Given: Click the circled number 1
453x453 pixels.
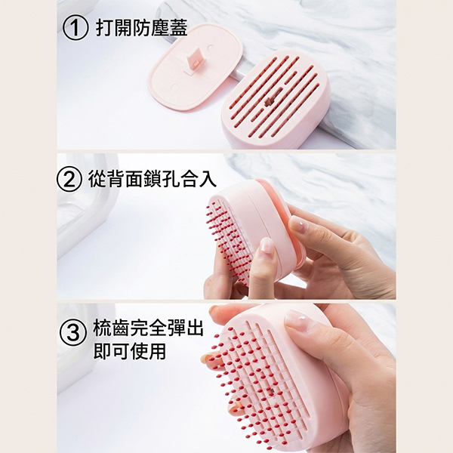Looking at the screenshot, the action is tap(75, 28).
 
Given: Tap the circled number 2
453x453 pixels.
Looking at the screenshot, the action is tap(69, 180).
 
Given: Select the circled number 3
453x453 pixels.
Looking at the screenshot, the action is tap(73, 333).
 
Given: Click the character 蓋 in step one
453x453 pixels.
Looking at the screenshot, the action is tap(178, 28).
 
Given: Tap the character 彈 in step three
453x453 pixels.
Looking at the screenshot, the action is tap(176, 328).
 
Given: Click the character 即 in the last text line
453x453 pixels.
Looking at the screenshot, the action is tap(102, 351).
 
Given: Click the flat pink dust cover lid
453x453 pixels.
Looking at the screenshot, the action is tap(195, 67).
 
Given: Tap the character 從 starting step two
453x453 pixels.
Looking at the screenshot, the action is tap(97, 179).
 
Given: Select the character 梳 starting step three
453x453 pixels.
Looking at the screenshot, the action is tap(102, 328).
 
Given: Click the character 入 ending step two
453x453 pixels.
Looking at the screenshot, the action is tap(208, 179).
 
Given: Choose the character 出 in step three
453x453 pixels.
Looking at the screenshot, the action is tap(195, 328).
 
